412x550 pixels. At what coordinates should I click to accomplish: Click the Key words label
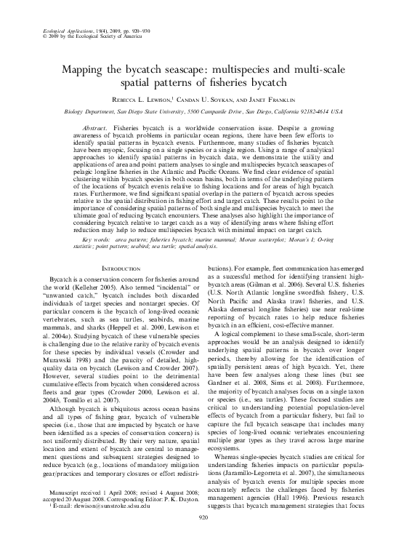[98, 239]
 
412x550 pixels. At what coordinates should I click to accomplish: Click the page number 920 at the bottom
[206, 537]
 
